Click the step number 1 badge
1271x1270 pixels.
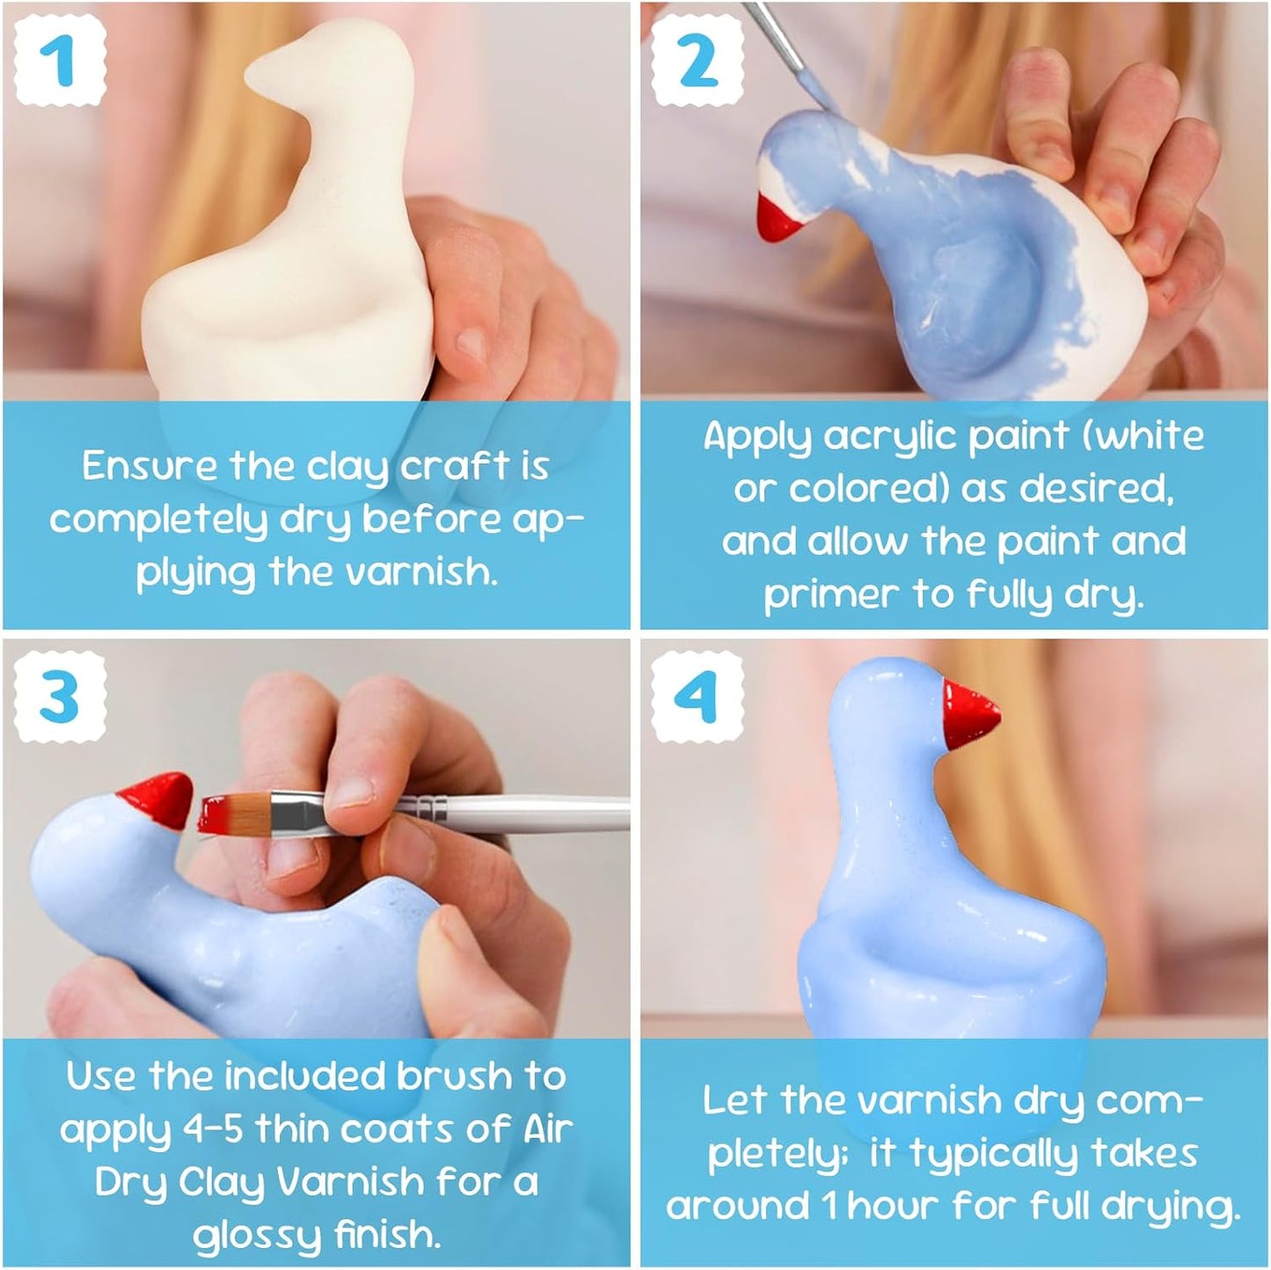[60, 62]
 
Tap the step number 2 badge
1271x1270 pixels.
[698, 62]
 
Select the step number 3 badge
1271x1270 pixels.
[60, 697]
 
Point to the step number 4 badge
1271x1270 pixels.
[698, 697]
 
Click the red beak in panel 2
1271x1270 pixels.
[778, 216]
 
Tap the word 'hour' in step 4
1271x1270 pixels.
[895, 1206]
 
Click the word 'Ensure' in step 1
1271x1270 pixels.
[149, 466]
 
